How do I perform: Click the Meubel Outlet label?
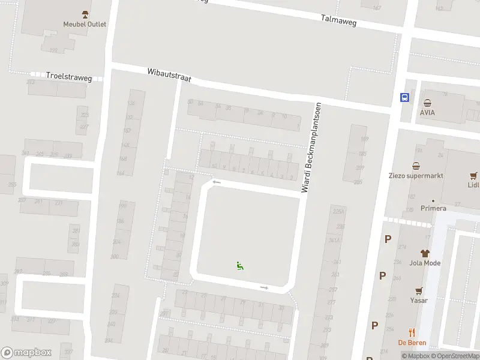coord(85,24)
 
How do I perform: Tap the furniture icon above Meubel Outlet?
coord(85,14)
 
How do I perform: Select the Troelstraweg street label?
coord(68,77)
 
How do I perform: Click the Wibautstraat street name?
coord(169,76)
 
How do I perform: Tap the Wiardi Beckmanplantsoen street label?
coord(312,147)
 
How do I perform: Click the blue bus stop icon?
coord(405,97)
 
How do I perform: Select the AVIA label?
coord(427,112)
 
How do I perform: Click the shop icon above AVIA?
coord(427,103)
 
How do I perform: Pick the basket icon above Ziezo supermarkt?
coord(416,166)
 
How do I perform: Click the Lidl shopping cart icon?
coord(474,176)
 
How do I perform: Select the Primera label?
coord(433,208)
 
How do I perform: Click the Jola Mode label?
coord(425,263)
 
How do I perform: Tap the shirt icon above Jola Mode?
coord(425,253)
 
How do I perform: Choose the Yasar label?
coord(419,300)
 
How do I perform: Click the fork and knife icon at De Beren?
coord(412,332)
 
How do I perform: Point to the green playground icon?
coord(240,266)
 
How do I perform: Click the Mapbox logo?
coord(26,353)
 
